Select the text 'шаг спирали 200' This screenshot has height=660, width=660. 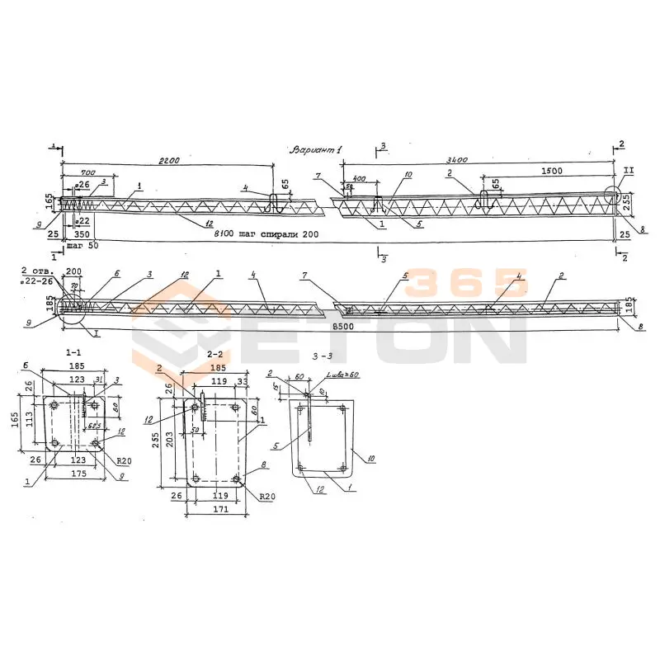pyautogui.click(x=276, y=235)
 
